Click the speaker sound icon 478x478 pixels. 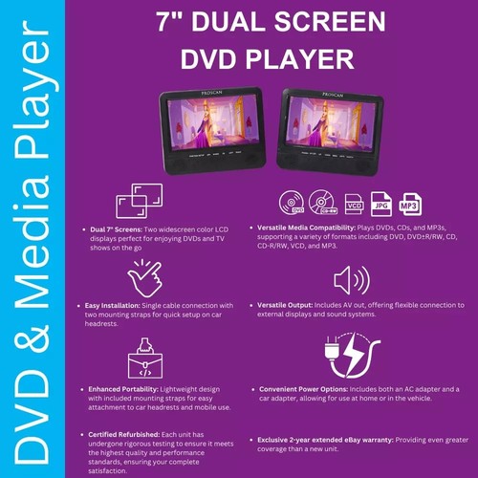point(349,281)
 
